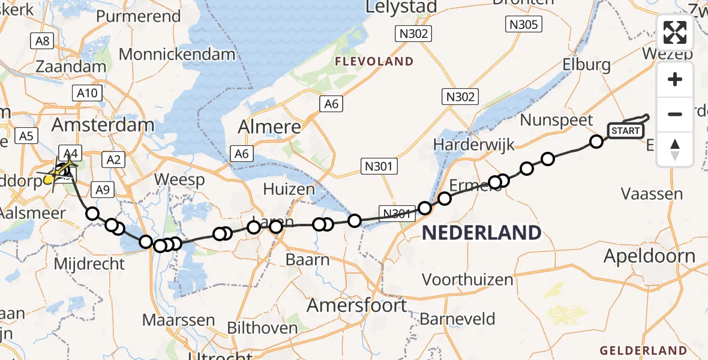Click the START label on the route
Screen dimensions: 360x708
click(626, 131)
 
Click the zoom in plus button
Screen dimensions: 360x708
click(675, 80)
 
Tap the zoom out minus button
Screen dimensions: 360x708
click(675, 114)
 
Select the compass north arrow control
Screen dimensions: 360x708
click(675, 149)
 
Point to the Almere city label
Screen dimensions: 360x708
click(269, 127)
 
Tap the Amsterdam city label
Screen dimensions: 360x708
click(103, 125)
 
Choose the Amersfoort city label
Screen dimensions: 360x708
click(357, 305)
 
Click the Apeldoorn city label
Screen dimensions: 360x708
click(650, 257)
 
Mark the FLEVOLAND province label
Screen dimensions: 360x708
click(374, 61)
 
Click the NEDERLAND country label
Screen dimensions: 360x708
click(482, 233)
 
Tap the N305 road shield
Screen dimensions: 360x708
click(524, 25)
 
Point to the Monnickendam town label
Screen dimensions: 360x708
click(177, 55)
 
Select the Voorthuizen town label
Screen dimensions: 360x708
click(467, 280)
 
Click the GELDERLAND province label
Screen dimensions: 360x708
click(643, 350)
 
